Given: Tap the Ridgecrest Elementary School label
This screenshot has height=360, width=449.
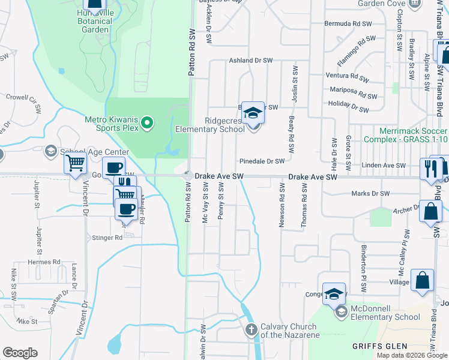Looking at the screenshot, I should (x=210, y=124).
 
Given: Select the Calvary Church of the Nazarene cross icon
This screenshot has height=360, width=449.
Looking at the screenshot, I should (x=251, y=329).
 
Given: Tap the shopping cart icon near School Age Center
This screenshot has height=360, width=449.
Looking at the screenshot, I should (x=75, y=163).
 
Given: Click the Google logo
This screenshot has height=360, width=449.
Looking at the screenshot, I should (x=20, y=353).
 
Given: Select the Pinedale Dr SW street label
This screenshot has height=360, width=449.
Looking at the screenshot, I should (x=262, y=161).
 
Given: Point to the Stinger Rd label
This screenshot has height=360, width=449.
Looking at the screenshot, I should (x=107, y=238).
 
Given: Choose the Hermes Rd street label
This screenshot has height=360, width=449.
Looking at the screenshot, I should (x=44, y=262).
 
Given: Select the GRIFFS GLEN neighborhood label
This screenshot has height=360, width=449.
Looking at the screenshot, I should (x=379, y=346).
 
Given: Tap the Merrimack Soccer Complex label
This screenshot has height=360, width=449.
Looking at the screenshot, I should (x=414, y=135).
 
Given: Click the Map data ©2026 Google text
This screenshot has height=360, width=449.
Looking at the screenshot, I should (x=411, y=355).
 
